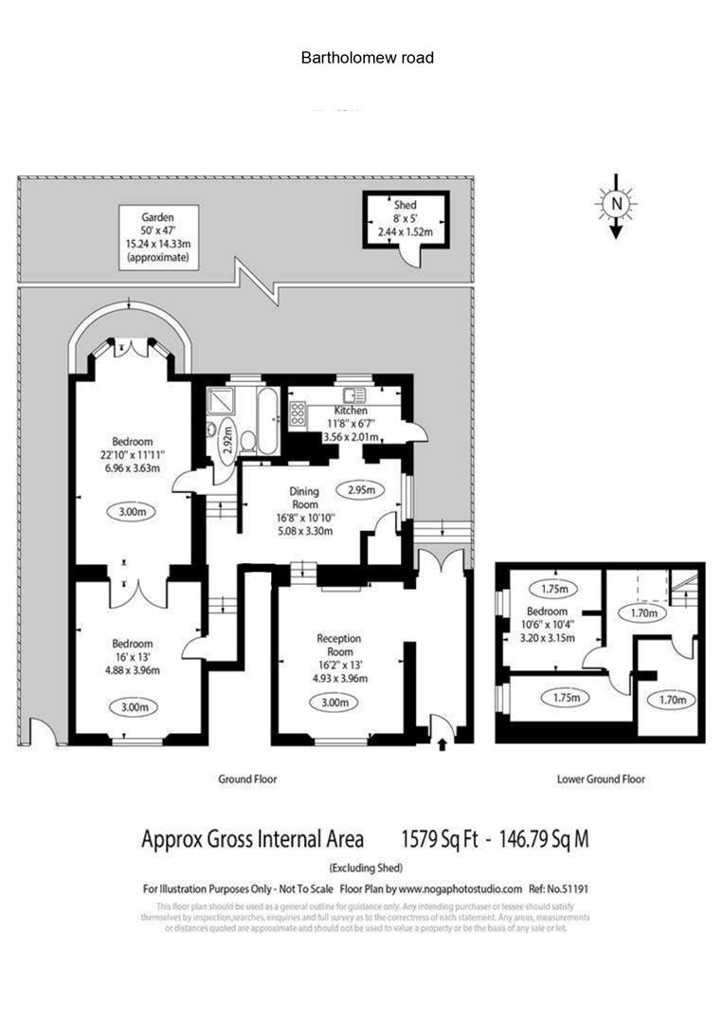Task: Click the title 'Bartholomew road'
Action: [368, 58]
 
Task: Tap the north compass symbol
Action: [616, 204]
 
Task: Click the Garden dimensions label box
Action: [158, 239]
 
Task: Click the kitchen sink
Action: [356, 396]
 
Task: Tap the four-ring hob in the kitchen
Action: [297, 413]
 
